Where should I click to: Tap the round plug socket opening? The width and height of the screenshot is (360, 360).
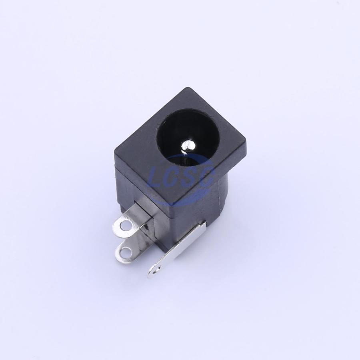[x=188, y=140]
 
